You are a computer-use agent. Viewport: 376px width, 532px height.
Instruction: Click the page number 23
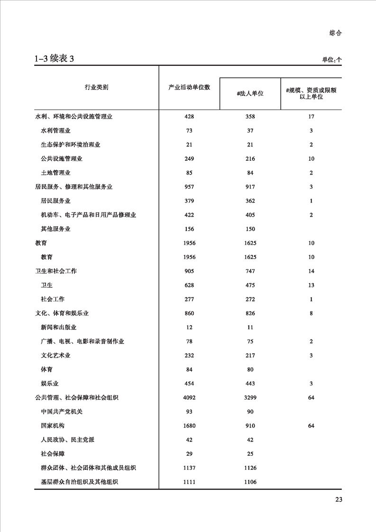339,499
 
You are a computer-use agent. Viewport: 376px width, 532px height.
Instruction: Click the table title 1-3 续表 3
54,59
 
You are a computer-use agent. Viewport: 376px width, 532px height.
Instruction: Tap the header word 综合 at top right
335,33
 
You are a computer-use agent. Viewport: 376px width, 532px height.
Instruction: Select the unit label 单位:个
332,60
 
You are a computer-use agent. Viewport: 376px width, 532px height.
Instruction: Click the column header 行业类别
96,88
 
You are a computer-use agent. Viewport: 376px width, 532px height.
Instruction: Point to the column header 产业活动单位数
189,88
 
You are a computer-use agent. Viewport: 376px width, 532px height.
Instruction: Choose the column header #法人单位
250,93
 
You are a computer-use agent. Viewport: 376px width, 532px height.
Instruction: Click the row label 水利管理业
56,130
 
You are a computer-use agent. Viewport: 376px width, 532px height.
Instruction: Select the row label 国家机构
53,426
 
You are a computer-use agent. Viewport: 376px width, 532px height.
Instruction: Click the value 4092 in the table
189,397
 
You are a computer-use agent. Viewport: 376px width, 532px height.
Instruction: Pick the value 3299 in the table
250,397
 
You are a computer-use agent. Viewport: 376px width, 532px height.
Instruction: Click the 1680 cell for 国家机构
189,426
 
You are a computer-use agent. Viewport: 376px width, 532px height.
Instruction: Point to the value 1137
189,468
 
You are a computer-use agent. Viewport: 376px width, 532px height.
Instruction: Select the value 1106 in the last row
250,482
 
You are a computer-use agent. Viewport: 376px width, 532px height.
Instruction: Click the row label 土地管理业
56,173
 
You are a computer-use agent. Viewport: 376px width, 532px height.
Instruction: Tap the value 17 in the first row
311,116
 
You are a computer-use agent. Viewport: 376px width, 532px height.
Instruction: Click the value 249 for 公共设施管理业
189,158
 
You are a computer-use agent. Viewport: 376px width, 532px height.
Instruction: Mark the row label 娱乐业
50,384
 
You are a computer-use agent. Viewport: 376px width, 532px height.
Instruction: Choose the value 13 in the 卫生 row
311,285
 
